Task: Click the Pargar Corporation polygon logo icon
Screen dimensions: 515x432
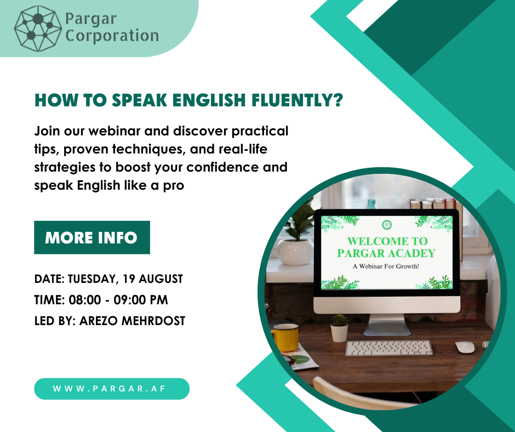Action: (38, 29)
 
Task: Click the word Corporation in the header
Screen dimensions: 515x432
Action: (112, 36)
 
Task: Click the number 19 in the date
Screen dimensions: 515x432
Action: (129, 279)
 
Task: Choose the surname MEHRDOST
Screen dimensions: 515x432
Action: (153, 321)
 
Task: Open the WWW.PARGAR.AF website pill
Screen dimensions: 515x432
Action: (112, 389)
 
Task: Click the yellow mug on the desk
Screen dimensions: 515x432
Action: (285, 337)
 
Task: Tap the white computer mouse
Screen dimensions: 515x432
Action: (465, 347)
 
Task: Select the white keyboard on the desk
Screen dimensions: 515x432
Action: (389, 348)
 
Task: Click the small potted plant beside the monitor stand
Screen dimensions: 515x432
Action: (339, 328)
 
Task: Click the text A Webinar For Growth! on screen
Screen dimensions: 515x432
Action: (386, 266)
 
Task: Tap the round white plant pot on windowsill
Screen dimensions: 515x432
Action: (295, 252)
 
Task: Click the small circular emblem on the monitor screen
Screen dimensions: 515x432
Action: (387, 225)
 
